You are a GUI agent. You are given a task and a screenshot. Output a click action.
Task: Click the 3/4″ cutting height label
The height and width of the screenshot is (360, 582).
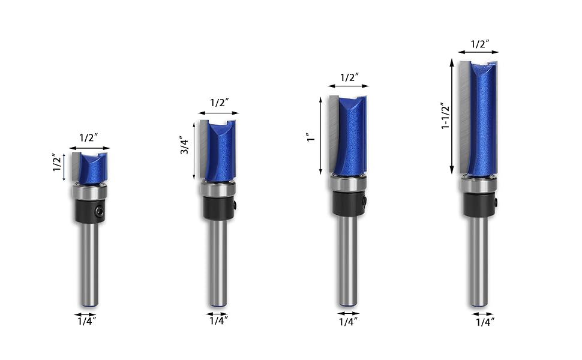(185, 145)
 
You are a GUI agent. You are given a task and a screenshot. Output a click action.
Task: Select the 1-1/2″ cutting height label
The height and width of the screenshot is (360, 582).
(445, 115)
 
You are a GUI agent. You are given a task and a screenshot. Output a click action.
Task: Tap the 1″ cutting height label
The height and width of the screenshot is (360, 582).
(311, 138)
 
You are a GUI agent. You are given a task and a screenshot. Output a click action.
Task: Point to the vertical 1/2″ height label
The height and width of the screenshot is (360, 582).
(57, 163)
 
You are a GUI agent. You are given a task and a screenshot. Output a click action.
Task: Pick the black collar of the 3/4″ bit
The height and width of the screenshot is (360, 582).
(218, 208)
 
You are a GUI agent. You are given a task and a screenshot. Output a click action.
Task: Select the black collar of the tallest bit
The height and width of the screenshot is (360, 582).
(479, 205)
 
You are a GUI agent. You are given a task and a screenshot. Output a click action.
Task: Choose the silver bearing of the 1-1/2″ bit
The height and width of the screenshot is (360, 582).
(479, 185)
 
